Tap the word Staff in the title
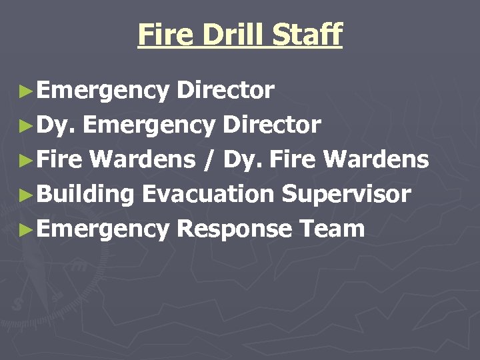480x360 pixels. pyautogui.click(x=312, y=35)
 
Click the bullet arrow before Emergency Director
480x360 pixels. pyautogui.click(x=26, y=90)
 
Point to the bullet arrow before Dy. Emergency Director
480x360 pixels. pyautogui.click(x=26, y=125)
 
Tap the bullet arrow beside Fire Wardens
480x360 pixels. pyautogui.click(x=26, y=160)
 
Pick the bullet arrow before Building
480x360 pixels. pyautogui.click(x=26, y=195)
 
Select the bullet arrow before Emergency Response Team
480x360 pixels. pyautogui.click(x=26, y=229)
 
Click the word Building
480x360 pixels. pyautogui.click(x=86, y=195)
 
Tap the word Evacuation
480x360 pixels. pyautogui.click(x=208, y=194)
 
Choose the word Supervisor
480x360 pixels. pyautogui.click(x=346, y=195)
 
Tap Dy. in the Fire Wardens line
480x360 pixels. pyautogui.click(x=243, y=160)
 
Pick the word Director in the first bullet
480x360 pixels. pyautogui.click(x=225, y=90)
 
